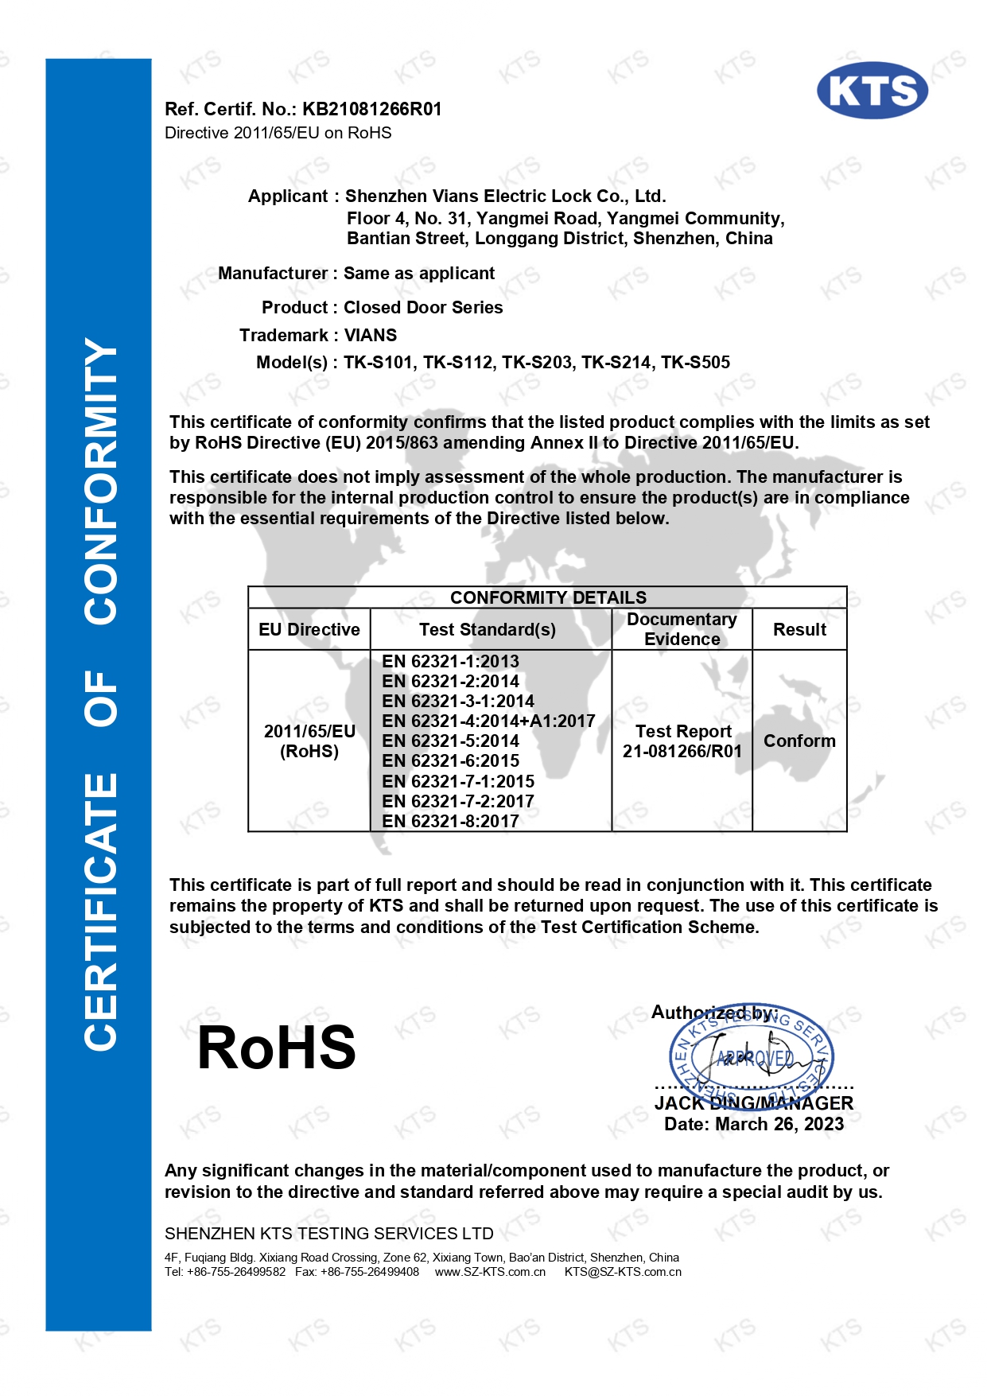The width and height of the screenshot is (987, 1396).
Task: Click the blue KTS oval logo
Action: [x=872, y=91]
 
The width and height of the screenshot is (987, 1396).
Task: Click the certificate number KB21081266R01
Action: [x=371, y=109]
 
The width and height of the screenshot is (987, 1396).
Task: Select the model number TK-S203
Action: [x=537, y=363]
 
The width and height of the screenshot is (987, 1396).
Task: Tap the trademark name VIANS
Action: [x=371, y=336]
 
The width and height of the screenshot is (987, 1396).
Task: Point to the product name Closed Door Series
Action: [x=423, y=308]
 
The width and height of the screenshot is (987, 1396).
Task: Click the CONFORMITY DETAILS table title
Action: [x=548, y=597]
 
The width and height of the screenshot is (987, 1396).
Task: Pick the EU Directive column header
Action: [x=309, y=630]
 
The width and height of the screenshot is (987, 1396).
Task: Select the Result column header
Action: [x=799, y=630]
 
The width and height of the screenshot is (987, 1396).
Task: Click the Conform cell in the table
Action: [x=799, y=741]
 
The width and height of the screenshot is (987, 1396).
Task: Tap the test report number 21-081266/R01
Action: [x=682, y=752]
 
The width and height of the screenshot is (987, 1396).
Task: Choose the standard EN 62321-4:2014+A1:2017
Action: [x=488, y=721]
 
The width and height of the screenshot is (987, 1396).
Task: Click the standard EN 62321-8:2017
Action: [x=450, y=822]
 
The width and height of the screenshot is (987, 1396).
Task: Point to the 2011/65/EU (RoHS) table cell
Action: [x=309, y=741]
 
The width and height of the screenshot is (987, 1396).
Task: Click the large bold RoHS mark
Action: [x=276, y=1048]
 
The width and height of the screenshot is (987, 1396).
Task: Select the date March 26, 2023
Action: [x=779, y=1125]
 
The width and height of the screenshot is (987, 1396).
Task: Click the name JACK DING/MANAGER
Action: [x=753, y=1103]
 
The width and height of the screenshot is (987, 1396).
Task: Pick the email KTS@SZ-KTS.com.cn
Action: [x=623, y=1272]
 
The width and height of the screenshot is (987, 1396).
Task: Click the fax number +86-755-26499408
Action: [x=370, y=1272]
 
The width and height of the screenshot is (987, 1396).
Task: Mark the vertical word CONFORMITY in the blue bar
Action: [x=100, y=481]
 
